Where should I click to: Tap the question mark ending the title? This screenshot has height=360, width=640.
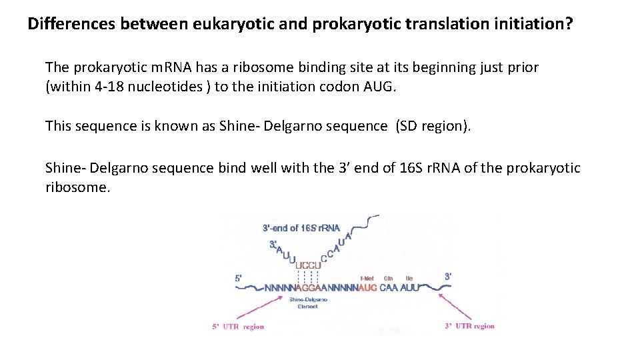568,25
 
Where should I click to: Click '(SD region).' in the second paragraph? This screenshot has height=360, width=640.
433,126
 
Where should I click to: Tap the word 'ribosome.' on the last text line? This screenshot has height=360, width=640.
77,187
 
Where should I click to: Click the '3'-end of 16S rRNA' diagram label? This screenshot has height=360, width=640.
301,228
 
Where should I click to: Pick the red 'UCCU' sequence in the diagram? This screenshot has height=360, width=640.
307,265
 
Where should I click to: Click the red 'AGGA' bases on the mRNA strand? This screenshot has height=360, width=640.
307,288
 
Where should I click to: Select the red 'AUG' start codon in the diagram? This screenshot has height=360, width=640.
367,288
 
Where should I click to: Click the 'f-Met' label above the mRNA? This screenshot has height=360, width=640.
367,278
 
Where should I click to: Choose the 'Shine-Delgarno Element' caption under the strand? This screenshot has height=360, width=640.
307,303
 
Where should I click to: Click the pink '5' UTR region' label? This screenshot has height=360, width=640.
238,327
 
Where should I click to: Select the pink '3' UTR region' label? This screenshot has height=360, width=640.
469,327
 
